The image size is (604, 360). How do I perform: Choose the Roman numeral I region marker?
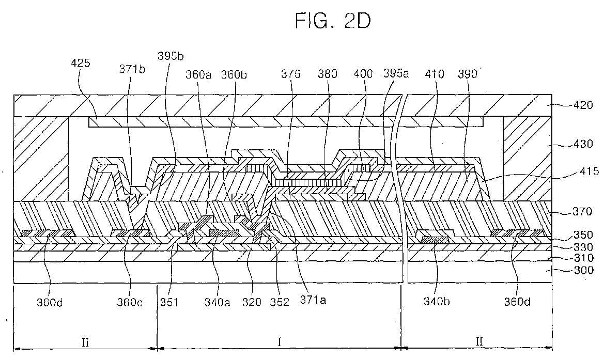(x=280, y=341)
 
